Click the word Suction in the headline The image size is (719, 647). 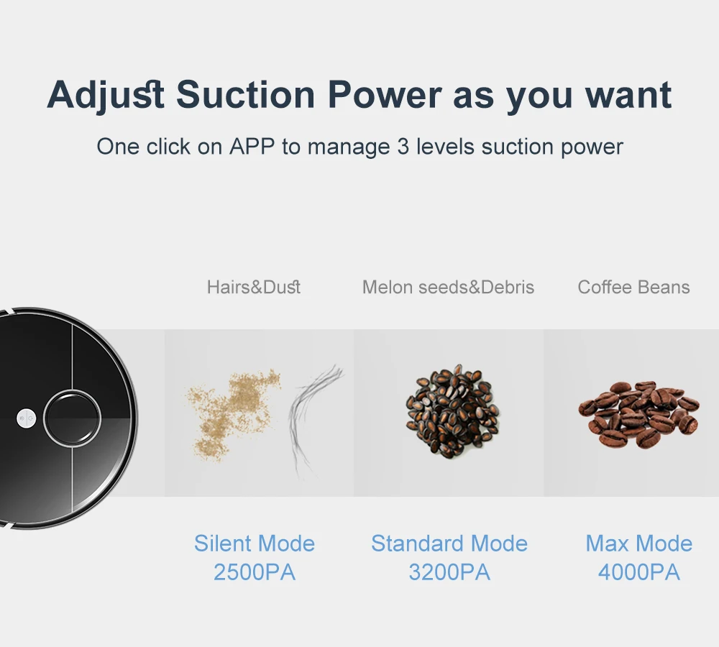click(245, 94)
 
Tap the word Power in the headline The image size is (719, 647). click(384, 94)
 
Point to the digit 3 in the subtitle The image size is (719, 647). click(403, 147)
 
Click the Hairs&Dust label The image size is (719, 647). click(254, 287)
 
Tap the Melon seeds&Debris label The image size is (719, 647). click(448, 287)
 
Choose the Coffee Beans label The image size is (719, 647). click(633, 287)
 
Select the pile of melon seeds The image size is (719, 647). click(453, 411)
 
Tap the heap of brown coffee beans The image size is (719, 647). click(638, 414)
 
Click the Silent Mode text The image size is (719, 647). click(255, 543)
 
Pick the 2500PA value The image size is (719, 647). click(255, 572)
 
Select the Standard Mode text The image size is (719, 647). click(449, 543)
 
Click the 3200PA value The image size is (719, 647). click(449, 572)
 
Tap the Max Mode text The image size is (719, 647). click(638, 543)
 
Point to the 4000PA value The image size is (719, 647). click(638, 572)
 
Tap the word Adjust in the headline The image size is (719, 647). click(106, 96)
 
